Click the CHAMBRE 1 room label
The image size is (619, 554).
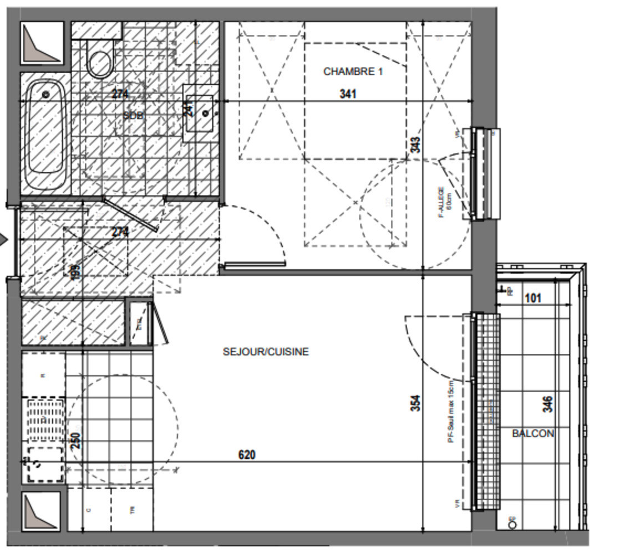point(353,71)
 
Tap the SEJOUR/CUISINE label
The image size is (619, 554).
point(266,352)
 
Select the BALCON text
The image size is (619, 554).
point(532,434)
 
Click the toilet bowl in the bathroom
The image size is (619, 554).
point(100,62)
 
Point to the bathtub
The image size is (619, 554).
point(46,133)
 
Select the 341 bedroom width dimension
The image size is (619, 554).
point(348,94)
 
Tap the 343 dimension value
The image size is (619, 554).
point(415,145)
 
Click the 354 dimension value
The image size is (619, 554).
point(415,403)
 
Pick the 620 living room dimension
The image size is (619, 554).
point(247,455)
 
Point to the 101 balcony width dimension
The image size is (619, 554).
point(532,299)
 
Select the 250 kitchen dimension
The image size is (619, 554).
point(77,440)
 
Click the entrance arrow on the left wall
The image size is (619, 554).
point(3,240)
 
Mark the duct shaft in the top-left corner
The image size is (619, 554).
point(42,43)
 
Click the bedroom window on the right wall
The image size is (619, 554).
point(485,173)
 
